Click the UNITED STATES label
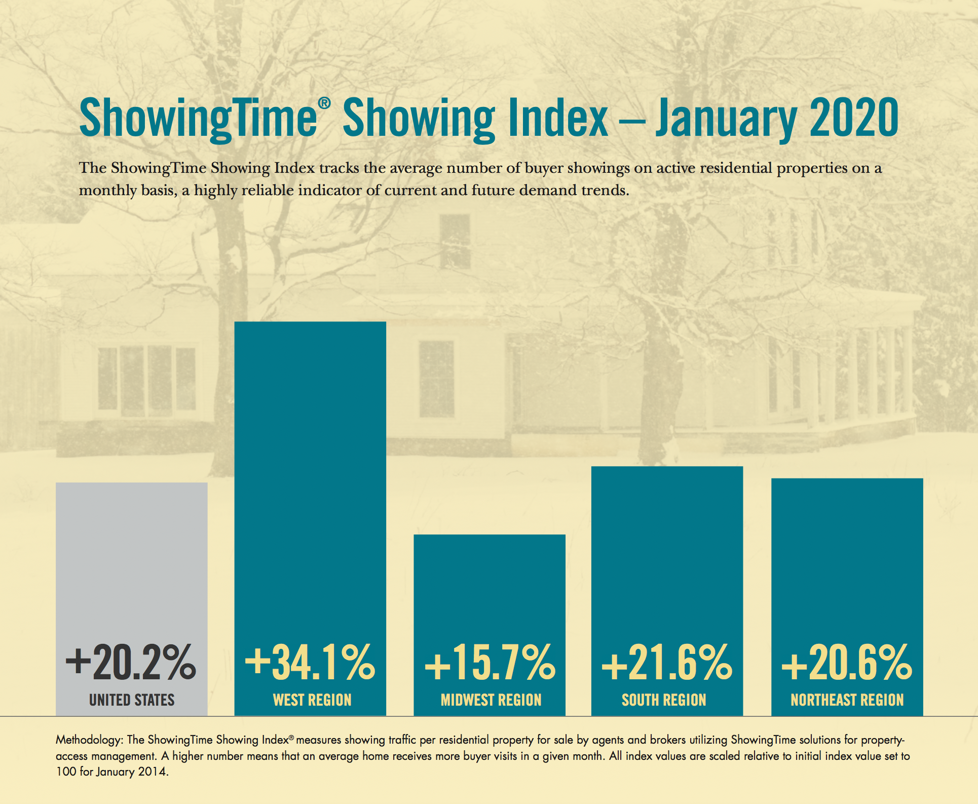tap(132, 700)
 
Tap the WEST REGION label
tap(312, 700)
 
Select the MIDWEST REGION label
tap(491, 700)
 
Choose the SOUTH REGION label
tap(664, 700)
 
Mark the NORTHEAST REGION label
tap(847, 700)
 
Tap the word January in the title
tap(726, 120)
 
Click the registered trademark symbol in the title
tap(324, 103)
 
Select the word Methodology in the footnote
tap(88, 740)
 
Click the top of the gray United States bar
tap(132, 484)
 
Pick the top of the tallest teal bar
tap(310, 323)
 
